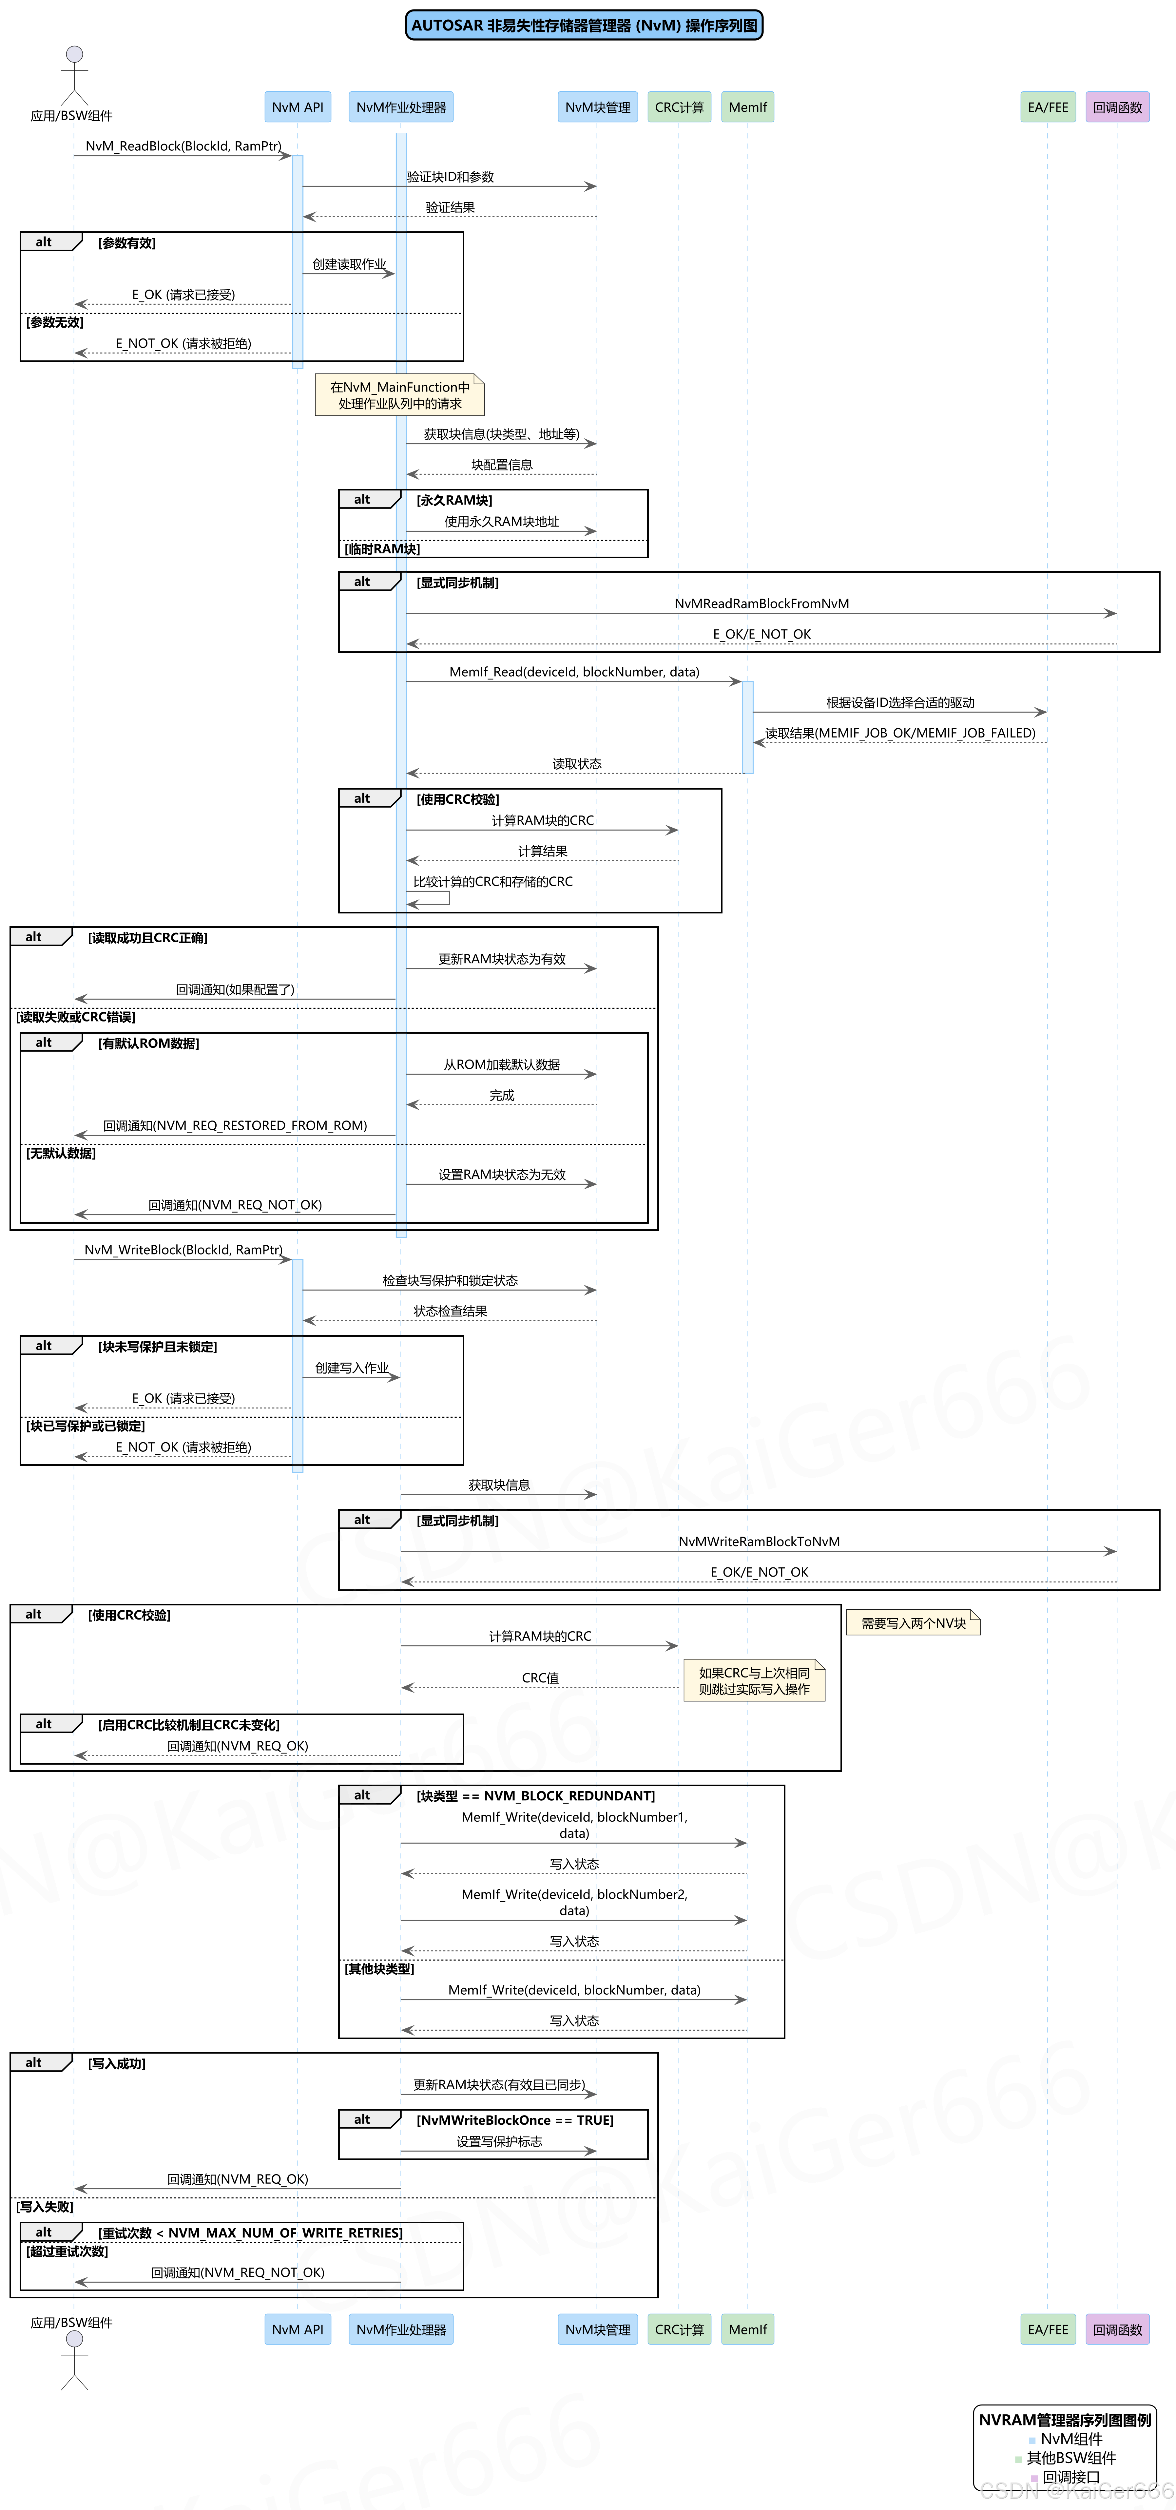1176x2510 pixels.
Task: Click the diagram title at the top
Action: point(584,25)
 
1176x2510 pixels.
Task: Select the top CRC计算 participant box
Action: point(679,107)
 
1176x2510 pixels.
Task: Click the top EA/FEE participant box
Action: point(1047,107)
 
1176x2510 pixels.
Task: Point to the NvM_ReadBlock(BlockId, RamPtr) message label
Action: point(183,146)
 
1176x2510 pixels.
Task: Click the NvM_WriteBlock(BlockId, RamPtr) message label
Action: point(183,1250)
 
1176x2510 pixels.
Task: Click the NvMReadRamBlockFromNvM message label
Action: point(761,604)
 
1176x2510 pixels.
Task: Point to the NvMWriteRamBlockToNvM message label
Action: point(759,1542)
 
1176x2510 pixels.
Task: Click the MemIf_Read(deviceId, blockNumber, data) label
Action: point(574,672)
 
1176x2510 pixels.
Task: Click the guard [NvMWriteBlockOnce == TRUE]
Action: point(514,2120)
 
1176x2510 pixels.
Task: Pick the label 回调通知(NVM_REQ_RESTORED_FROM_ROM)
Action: point(235,1125)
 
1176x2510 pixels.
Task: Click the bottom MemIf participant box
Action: point(747,2330)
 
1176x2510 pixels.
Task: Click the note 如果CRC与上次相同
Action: point(754,1681)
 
